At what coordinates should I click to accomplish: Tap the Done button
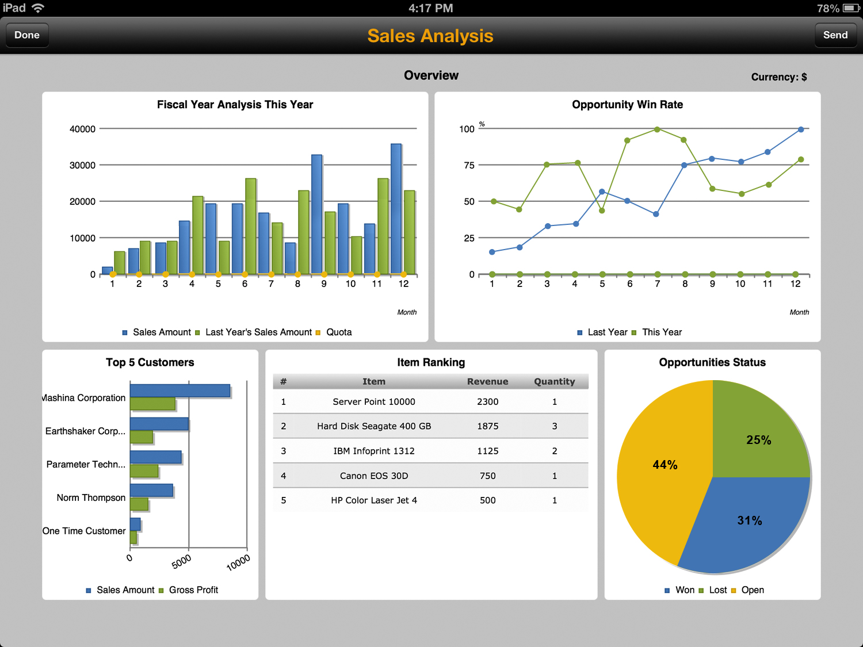[x=27, y=35]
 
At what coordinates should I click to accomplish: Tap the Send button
[x=835, y=35]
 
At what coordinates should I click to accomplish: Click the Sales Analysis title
[x=430, y=36]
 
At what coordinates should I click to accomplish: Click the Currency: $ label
[x=778, y=77]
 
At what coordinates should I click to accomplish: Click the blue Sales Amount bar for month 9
[x=316, y=214]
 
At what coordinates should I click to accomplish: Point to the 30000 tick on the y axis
[x=82, y=165]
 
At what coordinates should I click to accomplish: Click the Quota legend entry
[x=338, y=332]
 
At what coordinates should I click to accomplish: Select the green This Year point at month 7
[x=657, y=129]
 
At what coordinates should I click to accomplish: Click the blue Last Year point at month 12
[x=801, y=129]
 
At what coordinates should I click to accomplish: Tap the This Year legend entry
[x=661, y=332]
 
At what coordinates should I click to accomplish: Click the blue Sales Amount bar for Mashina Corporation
[x=180, y=391]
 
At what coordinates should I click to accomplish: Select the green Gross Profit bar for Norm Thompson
[x=139, y=504]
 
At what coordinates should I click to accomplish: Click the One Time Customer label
[x=84, y=531]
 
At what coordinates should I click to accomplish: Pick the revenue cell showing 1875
[x=487, y=426]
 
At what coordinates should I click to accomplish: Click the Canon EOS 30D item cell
[x=373, y=476]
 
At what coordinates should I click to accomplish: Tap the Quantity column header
[x=554, y=381]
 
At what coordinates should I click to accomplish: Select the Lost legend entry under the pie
[x=717, y=590]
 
